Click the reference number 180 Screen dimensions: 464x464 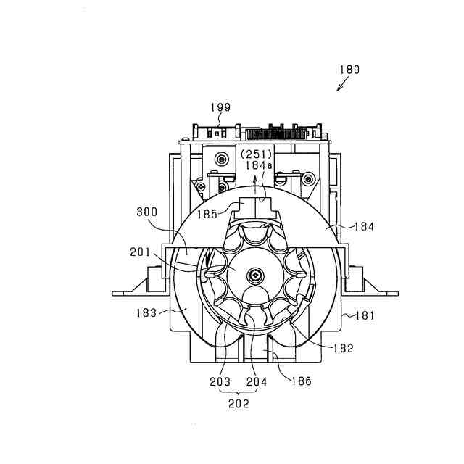click(348, 70)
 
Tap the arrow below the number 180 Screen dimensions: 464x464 click(341, 86)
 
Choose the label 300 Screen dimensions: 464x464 click(148, 212)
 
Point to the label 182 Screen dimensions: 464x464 click(344, 348)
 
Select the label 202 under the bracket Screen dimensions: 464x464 click(239, 404)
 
